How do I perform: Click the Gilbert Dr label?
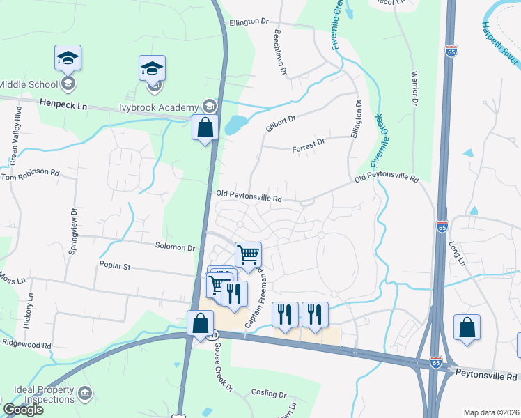[281, 123]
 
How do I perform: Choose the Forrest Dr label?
[309, 143]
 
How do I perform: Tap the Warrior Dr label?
[414, 88]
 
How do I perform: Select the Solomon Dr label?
[176, 247]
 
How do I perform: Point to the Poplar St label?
[116, 266]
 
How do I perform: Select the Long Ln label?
[457, 254]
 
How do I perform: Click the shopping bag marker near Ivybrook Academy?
[205, 128]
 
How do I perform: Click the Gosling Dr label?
[269, 393]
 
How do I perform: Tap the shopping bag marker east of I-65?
[467, 328]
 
